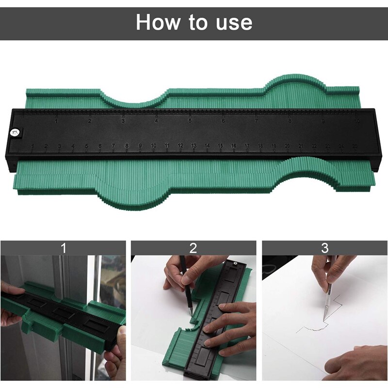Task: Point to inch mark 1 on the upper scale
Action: point(57,121)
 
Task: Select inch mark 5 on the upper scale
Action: point(190,121)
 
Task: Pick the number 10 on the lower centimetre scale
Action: point(153,145)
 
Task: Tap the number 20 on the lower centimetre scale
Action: point(287,146)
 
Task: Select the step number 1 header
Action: point(63,248)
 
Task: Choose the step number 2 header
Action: point(194,248)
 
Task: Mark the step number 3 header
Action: point(324,248)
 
